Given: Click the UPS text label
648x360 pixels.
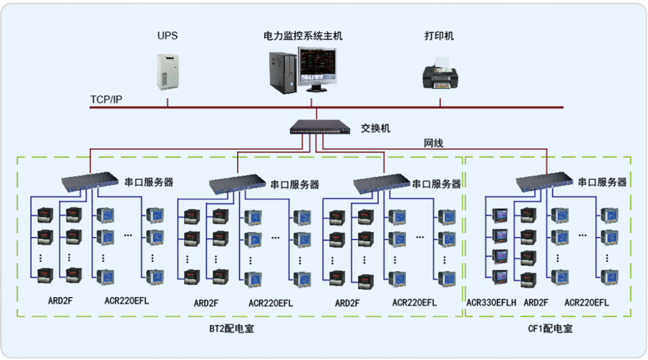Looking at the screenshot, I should tap(168, 35).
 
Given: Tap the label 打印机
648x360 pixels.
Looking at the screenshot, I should tap(439, 36).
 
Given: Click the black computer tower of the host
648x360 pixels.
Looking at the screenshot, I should tap(282, 72).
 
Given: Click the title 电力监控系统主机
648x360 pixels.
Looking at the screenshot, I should tap(304, 35).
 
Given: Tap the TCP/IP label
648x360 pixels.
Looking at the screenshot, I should tap(106, 99).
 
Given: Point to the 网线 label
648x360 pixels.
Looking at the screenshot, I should tap(433, 144).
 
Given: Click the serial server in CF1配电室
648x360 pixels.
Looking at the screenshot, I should tap(543, 184).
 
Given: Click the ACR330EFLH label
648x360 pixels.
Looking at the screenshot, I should tap(491, 303).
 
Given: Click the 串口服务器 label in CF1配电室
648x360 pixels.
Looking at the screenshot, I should tap(602, 183).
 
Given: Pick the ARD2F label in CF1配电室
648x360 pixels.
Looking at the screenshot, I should tap(536, 303).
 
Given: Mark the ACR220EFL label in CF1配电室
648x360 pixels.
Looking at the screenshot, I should tap(586, 303).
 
